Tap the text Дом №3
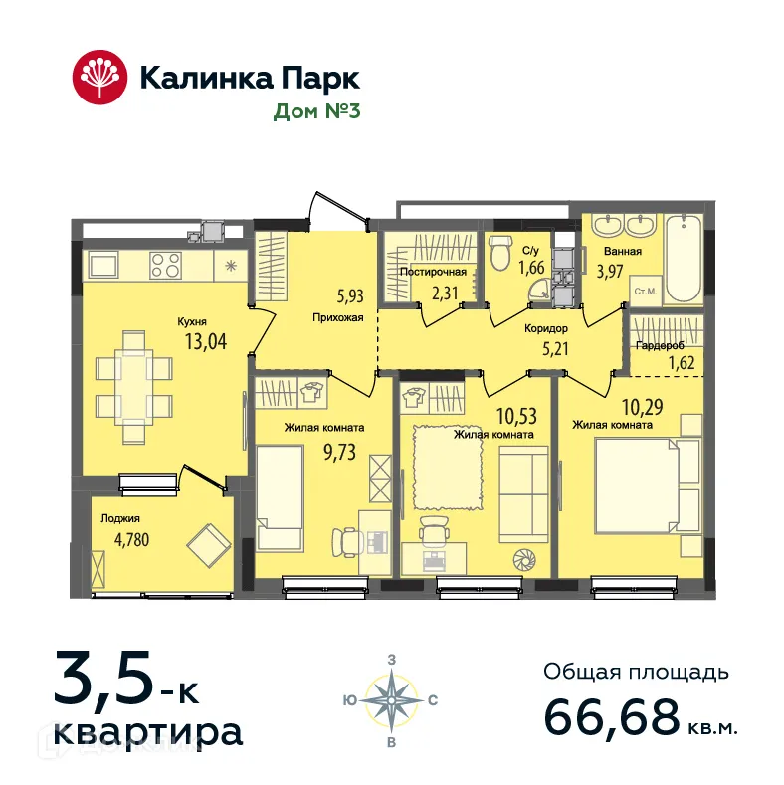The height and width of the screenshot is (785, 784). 316,111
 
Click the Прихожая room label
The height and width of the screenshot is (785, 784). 338,318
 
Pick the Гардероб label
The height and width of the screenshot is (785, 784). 657,346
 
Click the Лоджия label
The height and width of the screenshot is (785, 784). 120,518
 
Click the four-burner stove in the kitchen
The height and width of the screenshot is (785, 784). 165,266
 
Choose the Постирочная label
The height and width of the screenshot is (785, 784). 433,272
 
